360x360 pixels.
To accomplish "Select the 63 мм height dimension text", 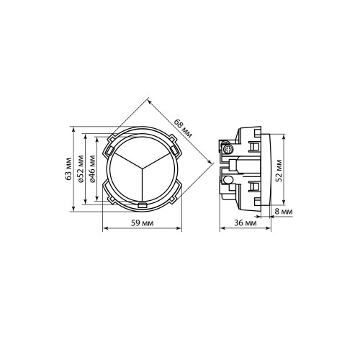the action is [x=68, y=169].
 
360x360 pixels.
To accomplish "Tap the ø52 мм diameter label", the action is [x=81, y=169].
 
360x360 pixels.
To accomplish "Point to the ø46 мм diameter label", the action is [x=92, y=169].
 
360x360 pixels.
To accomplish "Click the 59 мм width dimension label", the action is [x=143, y=223].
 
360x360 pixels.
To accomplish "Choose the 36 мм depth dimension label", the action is [x=246, y=223].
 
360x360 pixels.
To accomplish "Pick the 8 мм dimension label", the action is [x=284, y=212].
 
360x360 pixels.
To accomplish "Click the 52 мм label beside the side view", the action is [x=279, y=171].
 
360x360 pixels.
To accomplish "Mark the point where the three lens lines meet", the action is [x=143, y=167].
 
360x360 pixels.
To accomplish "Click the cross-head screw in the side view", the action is [x=228, y=149].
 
